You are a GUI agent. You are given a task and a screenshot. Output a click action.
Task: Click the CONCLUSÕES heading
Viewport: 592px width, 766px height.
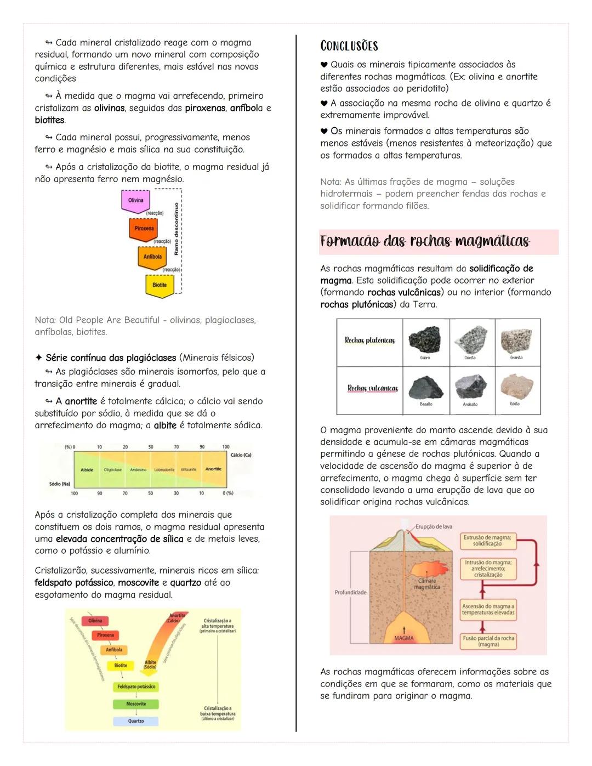pyautogui.click(x=349, y=46)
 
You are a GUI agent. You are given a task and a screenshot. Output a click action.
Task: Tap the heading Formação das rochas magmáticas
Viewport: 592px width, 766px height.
pyautogui.click(x=425, y=242)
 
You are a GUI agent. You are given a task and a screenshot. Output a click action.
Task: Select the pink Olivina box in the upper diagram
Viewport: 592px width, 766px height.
pyautogui.click(x=136, y=201)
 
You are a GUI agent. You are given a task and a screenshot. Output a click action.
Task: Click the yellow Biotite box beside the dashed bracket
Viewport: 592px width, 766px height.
pyautogui.click(x=160, y=286)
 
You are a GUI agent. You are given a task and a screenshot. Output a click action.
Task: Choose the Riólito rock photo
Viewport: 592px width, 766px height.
pyautogui.click(x=516, y=387)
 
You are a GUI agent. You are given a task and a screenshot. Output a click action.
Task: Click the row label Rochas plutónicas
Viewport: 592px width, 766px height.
pyautogui.click(x=369, y=341)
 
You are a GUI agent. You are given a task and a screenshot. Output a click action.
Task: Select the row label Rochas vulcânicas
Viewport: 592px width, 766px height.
pyautogui.click(x=372, y=388)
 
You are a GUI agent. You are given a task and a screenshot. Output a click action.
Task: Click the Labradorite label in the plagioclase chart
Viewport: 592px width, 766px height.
pyautogui.click(x=164, y=470)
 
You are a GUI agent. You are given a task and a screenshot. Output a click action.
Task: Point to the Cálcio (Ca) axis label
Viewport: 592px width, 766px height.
pyautogui.click(x=241, y=455)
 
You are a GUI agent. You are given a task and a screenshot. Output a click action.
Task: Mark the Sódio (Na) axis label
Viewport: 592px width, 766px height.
pyautogui.click(x=60, y=484)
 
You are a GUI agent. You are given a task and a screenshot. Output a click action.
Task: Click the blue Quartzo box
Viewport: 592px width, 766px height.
pyautogui.click(x=136, y=721)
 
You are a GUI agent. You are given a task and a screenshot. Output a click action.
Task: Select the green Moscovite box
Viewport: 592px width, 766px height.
pyautogui.click(x=136, y=704)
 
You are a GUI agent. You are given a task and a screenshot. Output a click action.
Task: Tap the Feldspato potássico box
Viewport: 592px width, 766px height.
pyautogui.click(x=136, y=686)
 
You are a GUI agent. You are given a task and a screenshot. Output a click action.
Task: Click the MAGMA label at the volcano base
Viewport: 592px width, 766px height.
pyautogui.click(x=404, y=638)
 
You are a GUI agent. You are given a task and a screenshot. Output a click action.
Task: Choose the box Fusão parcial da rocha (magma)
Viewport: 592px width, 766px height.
pyautogui.click(x=488, y=642)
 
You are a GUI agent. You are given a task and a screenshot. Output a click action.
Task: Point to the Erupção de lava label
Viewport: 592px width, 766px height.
pyautogui.click(x=434, y=527)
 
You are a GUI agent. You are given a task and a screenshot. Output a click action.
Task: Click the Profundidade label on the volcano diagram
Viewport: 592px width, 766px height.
pyautogui.click(x=350, y=592)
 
